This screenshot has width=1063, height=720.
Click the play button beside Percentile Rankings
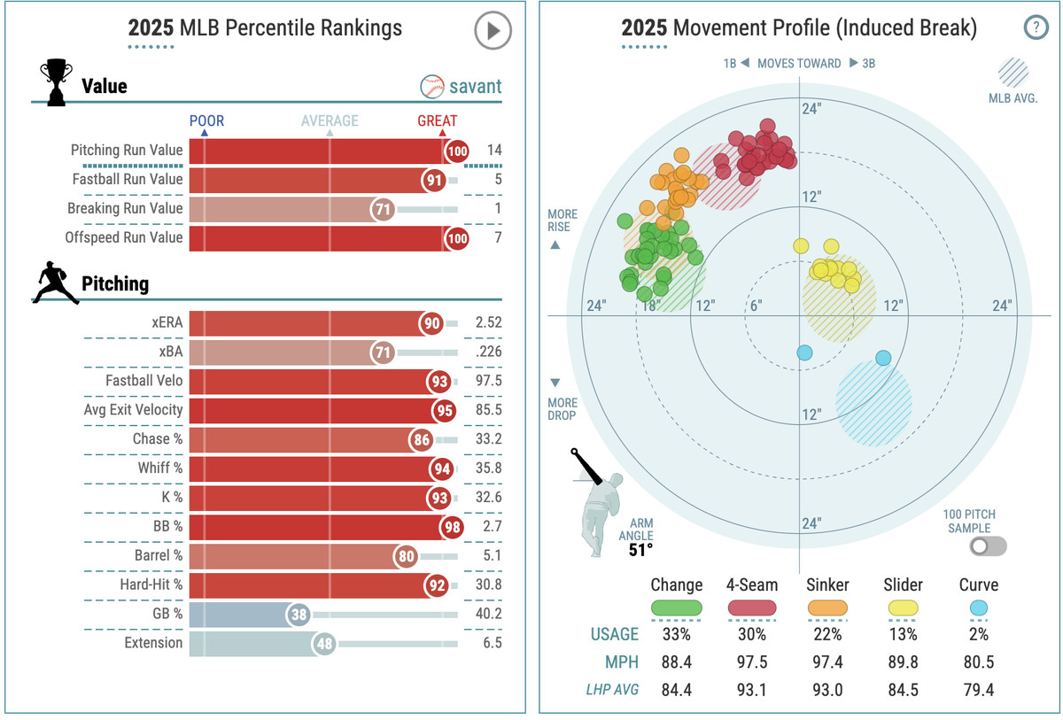[493, 31]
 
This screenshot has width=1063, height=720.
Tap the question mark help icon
[1035, 27]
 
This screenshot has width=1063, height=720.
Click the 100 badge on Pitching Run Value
[457, 151]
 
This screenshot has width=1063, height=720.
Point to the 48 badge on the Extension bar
[324, 643]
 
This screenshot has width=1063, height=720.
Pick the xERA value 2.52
[487, 323]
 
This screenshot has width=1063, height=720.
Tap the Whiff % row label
[159, 468]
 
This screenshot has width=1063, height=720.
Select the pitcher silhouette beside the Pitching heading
[55, 283]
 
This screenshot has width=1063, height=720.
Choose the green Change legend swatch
[676, 608]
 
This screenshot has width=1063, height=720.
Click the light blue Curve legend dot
[978, 608]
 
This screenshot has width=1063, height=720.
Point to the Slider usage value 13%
[902, 634]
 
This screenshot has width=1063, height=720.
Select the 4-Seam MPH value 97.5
[751, 662]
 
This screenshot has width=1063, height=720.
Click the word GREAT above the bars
[438, 120]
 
